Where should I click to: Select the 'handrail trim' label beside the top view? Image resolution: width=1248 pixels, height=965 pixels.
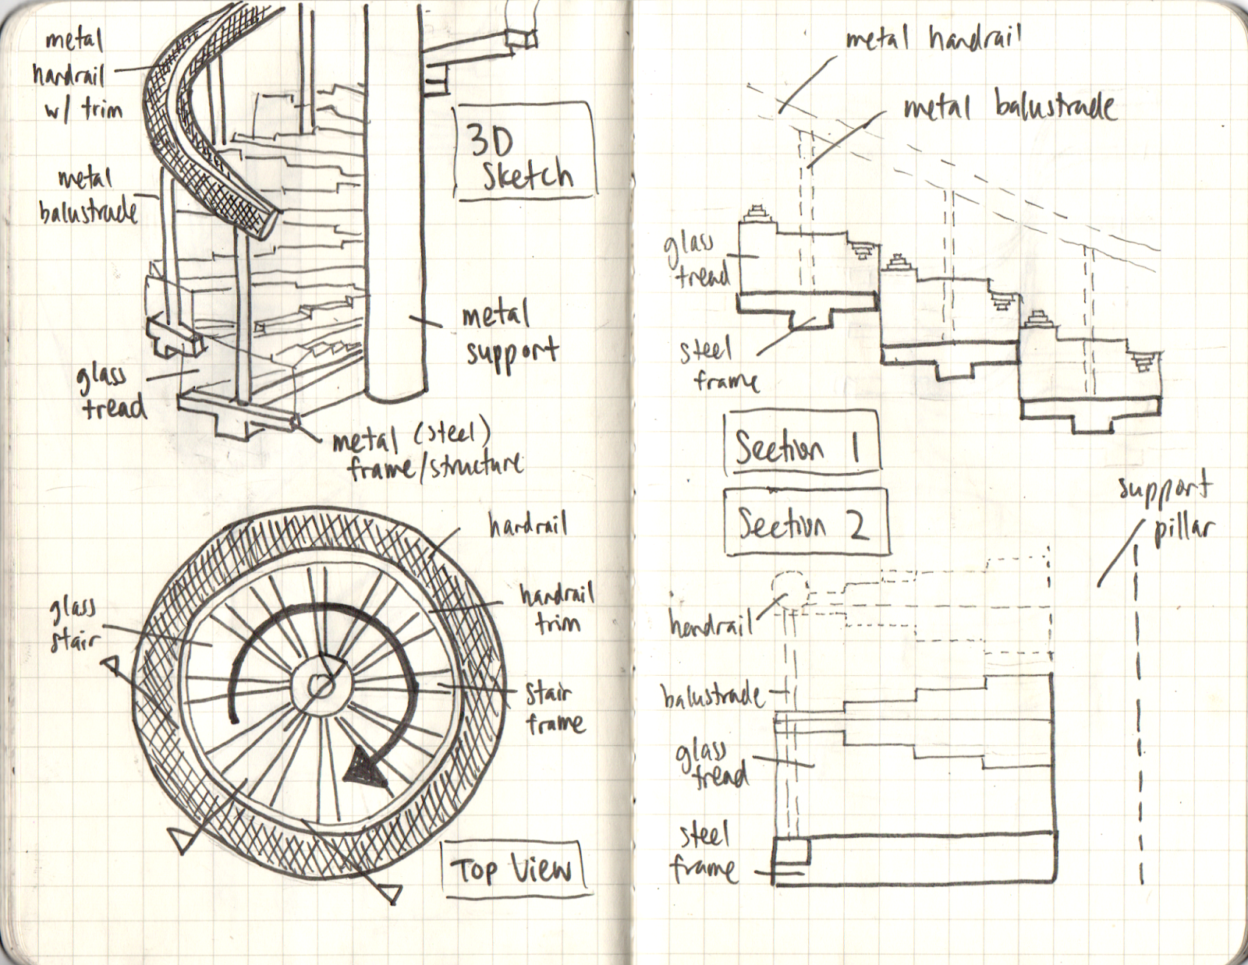coord(556,608)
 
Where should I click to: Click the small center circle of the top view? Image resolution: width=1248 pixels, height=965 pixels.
coord(320,686)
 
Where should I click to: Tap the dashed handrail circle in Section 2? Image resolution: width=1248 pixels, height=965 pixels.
coord(789,590)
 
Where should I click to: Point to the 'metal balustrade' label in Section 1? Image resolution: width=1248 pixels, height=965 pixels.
coord(1009,107)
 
